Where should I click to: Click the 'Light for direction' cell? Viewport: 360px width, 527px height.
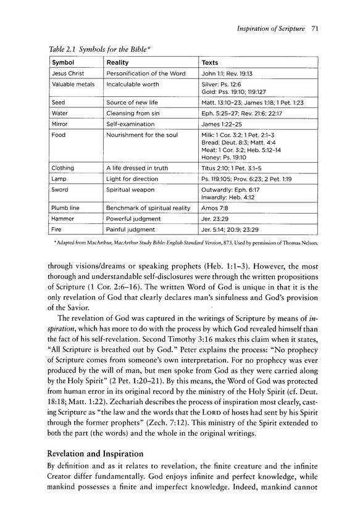(x=132, y=178)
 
